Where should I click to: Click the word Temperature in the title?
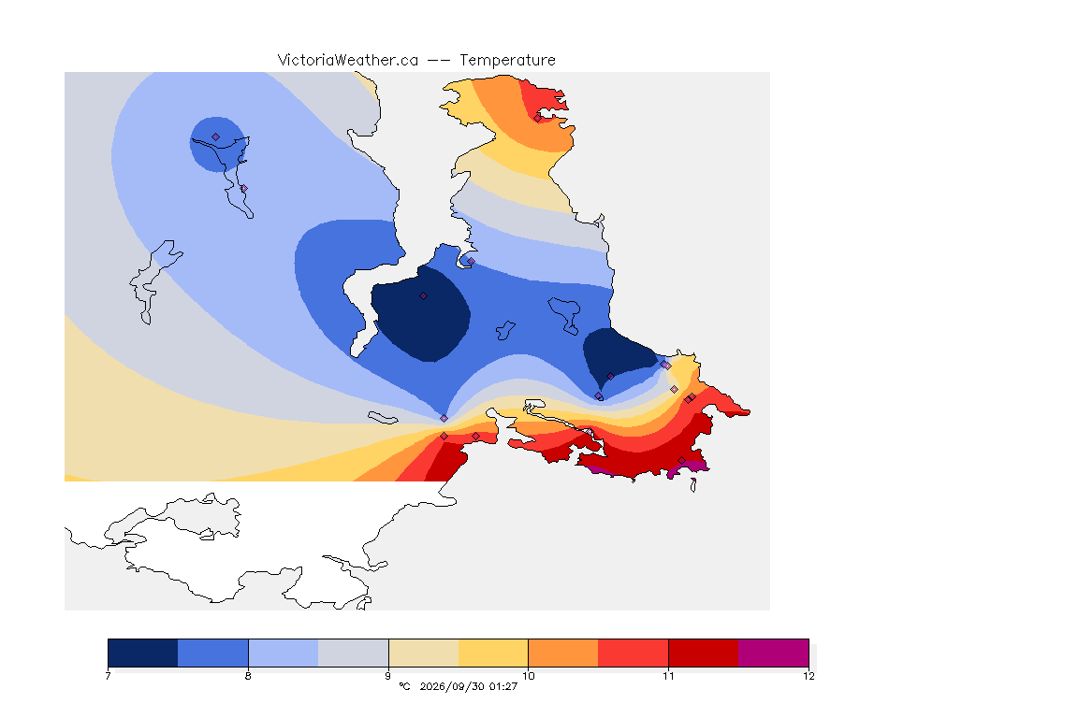click(x=507, y=61)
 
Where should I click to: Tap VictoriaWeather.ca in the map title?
click(x=348, y=61)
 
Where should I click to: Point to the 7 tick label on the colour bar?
click(x=108, y=676)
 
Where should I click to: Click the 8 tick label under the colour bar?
click(x=248, y=676)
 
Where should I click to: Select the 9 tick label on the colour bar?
click(x=388, y=676)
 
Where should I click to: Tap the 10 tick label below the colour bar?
click(x=528, y=676)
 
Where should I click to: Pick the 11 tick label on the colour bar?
click(x=668, y=676)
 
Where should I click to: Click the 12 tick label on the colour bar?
click(x=808, y=676)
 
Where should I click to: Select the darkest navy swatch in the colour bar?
click(x=143, y=653)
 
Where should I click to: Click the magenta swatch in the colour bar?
click(x=774, y=653)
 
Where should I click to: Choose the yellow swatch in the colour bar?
click(x=493, y=653)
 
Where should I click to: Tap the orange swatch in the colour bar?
click(x=563, y=653)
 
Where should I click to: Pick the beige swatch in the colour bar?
click(x=424, y=653)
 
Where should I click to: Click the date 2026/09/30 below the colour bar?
click(x=452, y=686)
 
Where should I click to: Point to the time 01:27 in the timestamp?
click(x=503, y=686)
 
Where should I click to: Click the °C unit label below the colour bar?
click(x=404, y=686)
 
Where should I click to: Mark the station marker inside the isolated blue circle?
click(x=216, y=137)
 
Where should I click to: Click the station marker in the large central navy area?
click(x=424, y=296)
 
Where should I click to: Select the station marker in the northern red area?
click(x=538, y=118)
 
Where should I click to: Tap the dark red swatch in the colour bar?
click(x=704, y=653)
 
